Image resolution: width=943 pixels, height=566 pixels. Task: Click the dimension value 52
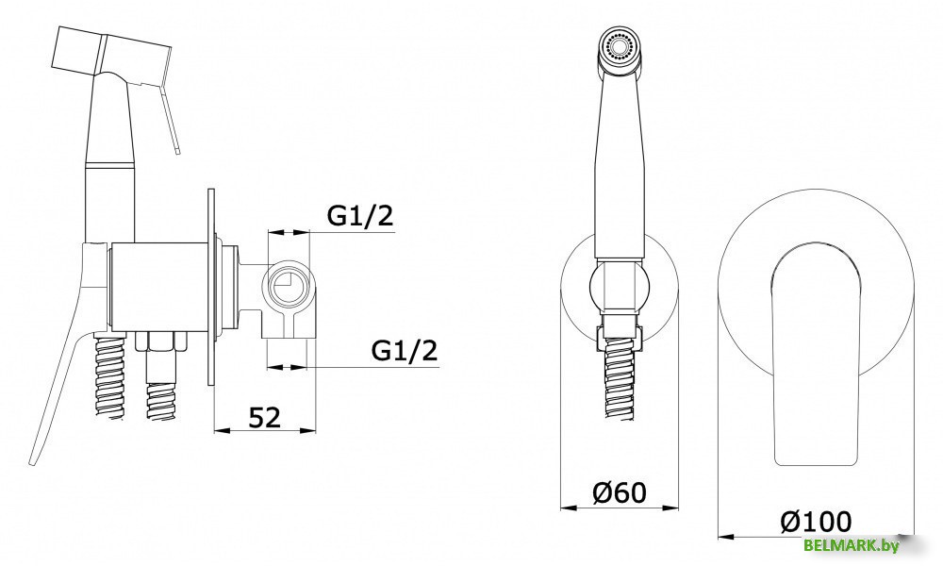click(x=265, y=417)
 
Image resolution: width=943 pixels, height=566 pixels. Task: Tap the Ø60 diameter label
click(x=620, y=492)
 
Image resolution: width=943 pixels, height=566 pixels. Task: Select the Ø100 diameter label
click(x=816, y=521)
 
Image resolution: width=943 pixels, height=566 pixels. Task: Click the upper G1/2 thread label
click(x=360, y=216)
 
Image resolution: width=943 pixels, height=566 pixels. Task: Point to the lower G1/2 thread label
click(x=405, y=350)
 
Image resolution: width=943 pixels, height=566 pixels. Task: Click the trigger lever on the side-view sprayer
click(x=168, y=116)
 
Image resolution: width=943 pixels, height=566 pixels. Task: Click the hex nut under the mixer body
click(x=160, y=341)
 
